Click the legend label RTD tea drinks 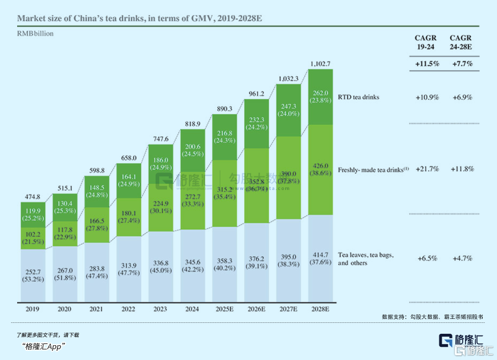tap(358, 97)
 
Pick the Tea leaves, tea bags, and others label tap(366, 258)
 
